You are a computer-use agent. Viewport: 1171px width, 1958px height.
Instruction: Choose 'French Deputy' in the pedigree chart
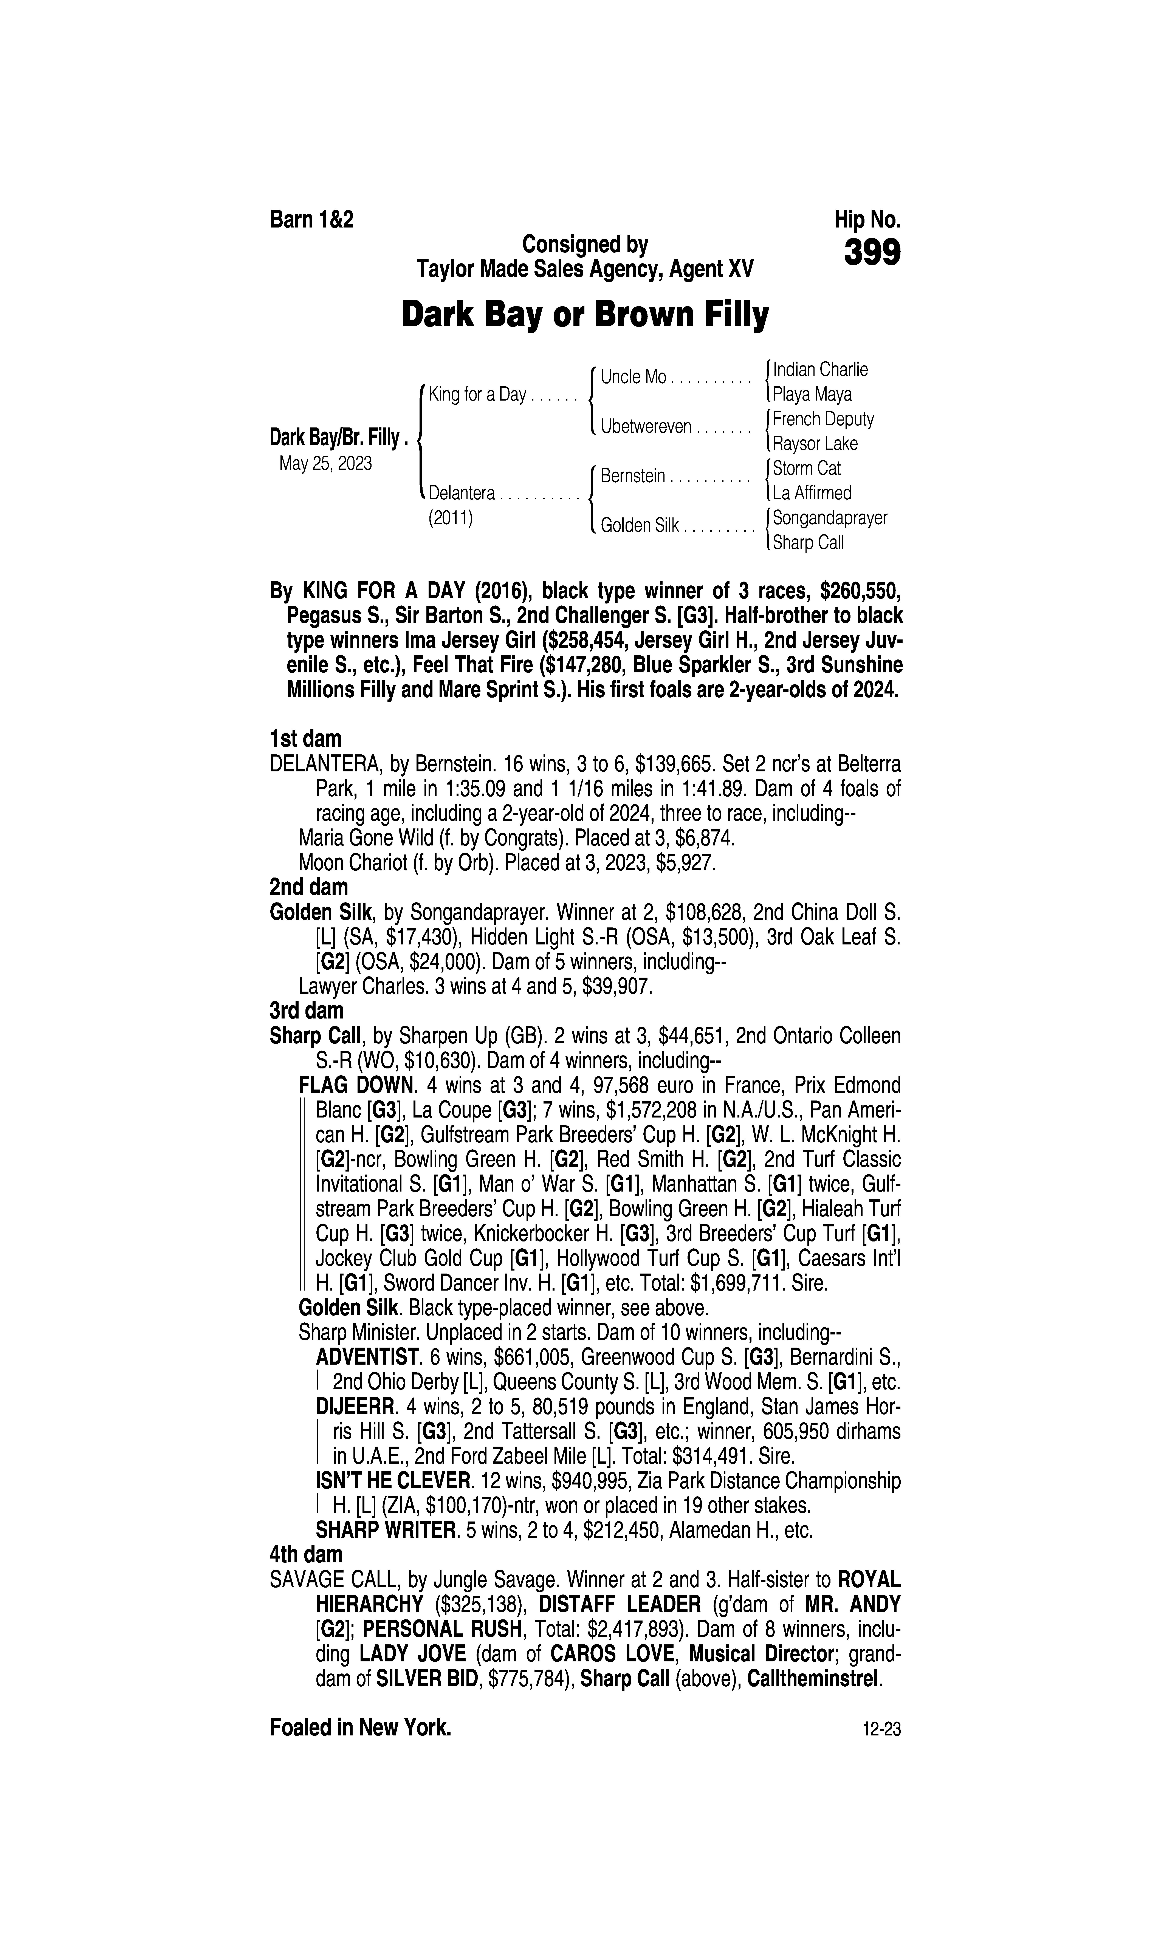823,419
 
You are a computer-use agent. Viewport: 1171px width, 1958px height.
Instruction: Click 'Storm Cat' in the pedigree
806,468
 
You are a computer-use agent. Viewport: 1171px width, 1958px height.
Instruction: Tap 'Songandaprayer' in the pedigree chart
830,517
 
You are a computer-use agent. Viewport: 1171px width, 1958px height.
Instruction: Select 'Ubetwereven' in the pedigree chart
646,427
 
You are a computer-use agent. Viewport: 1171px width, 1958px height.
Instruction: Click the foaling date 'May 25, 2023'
325,463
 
